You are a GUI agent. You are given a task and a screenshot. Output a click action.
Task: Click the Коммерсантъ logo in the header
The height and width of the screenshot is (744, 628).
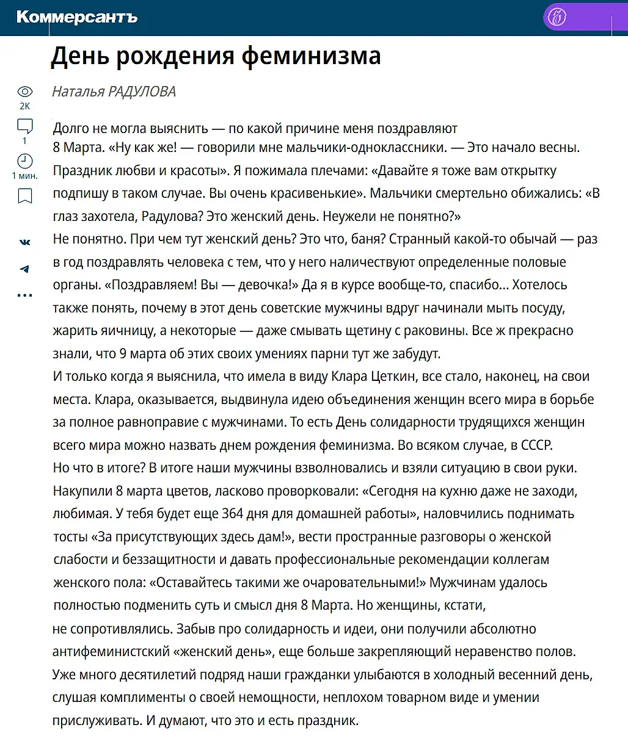pos(77,17)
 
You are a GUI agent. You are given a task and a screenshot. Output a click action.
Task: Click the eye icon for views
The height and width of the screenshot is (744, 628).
pos(24,92)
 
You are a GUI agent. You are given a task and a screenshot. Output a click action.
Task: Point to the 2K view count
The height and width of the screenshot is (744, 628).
pos(24,106)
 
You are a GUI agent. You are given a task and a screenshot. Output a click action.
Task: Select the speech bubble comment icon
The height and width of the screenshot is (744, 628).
pos(24,126)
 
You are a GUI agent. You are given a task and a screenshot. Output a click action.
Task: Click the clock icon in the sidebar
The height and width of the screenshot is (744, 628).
pos(24,161)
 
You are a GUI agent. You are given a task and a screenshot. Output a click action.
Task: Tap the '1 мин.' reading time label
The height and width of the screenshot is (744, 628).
pos(24,176)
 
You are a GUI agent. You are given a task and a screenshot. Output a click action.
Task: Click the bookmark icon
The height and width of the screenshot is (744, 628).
pos(24,196)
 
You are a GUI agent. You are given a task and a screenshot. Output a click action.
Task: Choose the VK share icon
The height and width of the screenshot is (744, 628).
pos(24,242)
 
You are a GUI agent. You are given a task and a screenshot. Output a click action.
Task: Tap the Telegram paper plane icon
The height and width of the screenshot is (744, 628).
pos(24,269)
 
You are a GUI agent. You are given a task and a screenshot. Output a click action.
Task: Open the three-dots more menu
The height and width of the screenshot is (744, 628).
pos(24,295)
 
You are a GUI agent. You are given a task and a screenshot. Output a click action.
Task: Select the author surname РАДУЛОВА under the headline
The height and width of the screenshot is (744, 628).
pos(142,92)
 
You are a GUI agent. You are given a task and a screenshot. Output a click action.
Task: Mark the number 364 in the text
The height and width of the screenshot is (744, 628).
pos(233,514)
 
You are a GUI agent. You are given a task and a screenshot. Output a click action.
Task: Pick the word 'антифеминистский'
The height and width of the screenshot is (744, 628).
pos(111,652)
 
